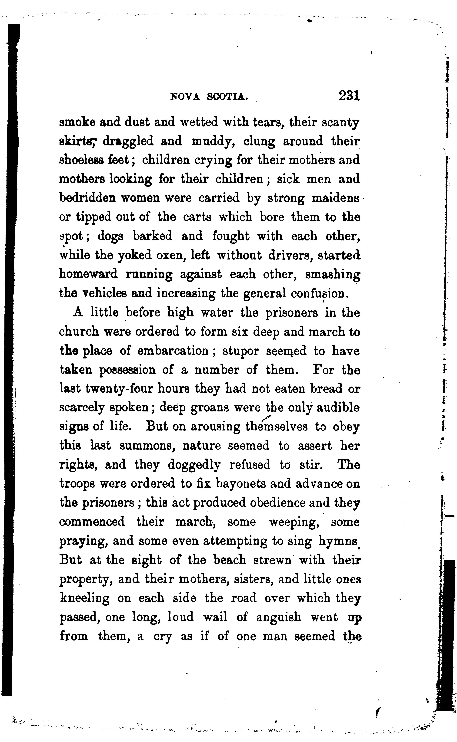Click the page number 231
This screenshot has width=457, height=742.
tap(349, 96)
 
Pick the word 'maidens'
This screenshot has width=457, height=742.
tap(336, 198)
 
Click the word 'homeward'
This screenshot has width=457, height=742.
tap(88, 274)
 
